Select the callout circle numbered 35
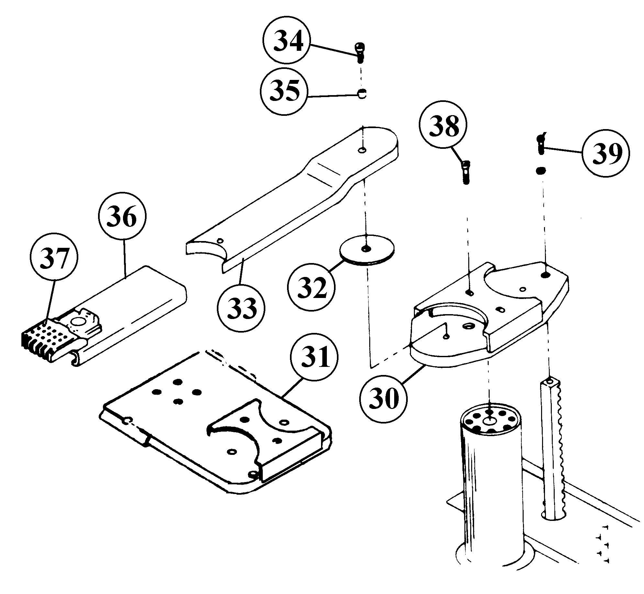(x=284, y=91)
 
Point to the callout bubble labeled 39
(x=605, y=154)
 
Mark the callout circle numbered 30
(x=383, y=399)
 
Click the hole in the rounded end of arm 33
(x=363, y=150)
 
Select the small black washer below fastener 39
(x=541, y=170)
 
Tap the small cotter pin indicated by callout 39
(x=541, y=144)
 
